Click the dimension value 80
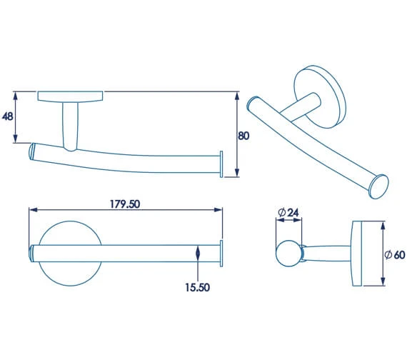click(243, 136)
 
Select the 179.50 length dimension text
click(124, 204)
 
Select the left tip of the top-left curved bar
click(31, 151)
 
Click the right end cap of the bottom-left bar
click(221, 254)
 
